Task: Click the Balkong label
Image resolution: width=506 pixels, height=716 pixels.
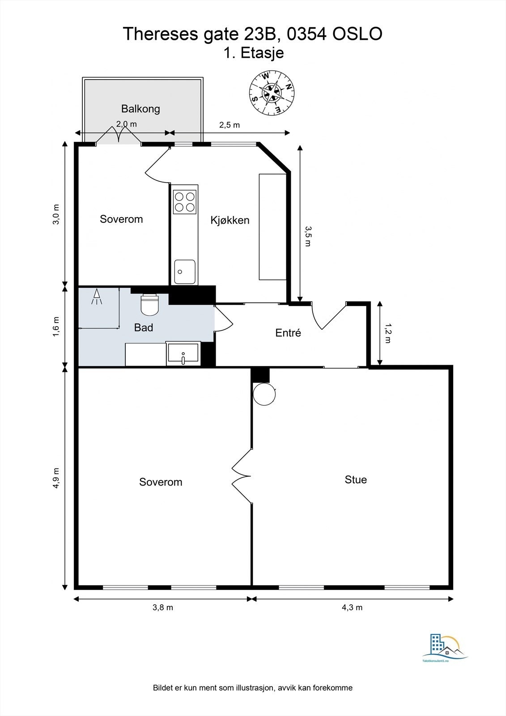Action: coord(140,109)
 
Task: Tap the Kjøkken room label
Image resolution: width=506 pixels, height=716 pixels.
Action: coord(230,220)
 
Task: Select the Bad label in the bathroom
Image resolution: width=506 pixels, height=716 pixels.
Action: coord(144,328)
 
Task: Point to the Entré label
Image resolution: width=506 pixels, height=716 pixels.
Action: coord(288,333)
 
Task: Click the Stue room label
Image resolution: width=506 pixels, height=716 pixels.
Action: coord(356,479)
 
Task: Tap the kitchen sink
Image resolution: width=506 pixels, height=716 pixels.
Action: coord(185,272)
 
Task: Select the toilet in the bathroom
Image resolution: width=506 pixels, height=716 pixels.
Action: coord(149,305)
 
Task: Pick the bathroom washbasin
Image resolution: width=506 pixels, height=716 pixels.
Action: coord(183,354)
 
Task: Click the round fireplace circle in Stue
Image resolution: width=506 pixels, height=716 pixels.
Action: coord(264,394)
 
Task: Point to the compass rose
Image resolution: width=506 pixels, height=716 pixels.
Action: coord(272,93)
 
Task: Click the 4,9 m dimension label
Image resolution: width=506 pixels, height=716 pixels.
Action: coord(56,478)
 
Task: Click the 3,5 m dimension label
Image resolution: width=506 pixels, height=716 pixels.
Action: coord(308,236)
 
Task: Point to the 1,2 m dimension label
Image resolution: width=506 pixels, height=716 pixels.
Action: coord(388,333)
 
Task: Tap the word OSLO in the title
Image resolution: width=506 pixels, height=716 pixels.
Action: coord(357,34)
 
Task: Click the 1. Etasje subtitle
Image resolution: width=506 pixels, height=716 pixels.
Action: coord(254,53)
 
